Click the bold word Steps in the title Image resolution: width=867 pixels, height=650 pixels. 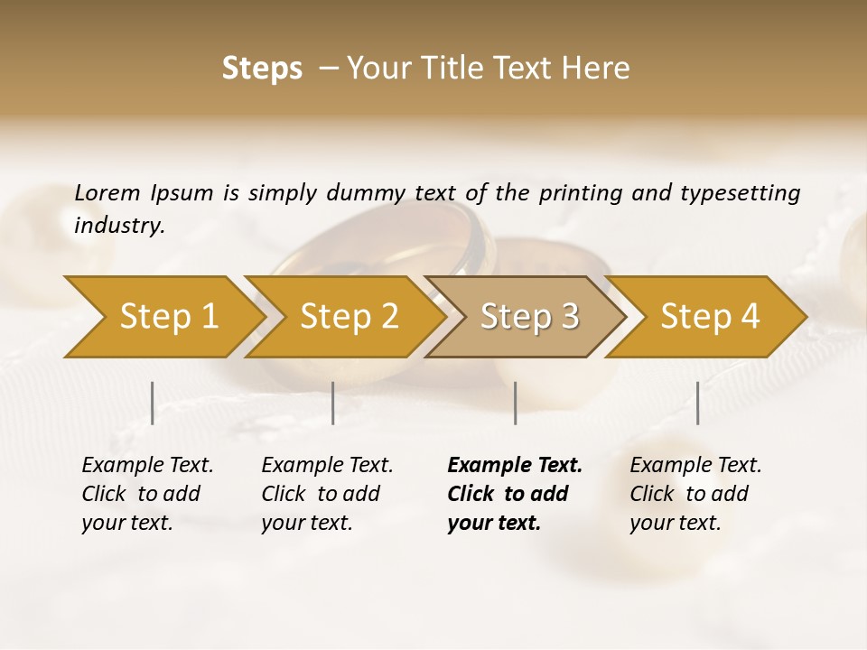pos(262,69)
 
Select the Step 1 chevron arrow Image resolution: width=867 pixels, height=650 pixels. pos(163,317)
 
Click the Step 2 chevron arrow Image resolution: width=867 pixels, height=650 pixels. pos(348,317)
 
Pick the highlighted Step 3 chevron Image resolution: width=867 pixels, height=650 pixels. pos(528,317)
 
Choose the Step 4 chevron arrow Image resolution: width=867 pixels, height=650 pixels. pos(709,317)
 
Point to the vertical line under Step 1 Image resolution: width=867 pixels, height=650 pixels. pos(153,403)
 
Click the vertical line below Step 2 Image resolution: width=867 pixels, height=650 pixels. pos(333,403)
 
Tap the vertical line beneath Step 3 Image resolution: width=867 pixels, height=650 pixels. pos(515,403)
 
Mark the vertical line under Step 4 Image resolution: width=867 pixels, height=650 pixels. pos(697,403)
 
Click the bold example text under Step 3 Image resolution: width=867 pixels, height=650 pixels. pos(514,494)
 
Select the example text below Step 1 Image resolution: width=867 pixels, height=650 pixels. pos(147,494)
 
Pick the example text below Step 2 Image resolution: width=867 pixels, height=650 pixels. pos(327,494)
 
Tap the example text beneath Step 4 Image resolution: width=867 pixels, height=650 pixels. pos(695,494)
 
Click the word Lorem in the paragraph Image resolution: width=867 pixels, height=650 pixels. pos(107,193)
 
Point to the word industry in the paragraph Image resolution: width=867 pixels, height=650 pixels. pos(119,226)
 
